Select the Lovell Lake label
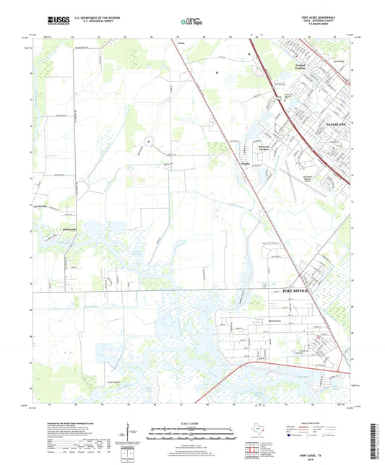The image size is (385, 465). [x=49, y=226]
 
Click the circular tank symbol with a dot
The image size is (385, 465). [x=148, y=142]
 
